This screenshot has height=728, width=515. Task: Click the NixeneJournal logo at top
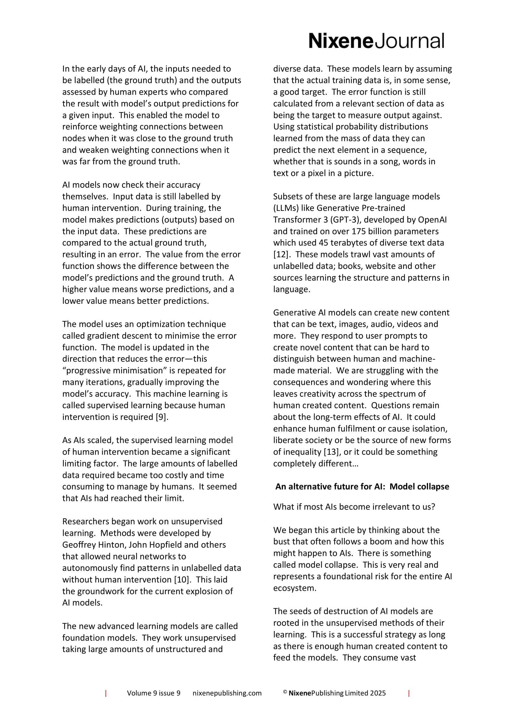(x=376, y=41)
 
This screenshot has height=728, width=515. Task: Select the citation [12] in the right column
(x=280, y=254)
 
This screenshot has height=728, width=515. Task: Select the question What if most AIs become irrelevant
(x=354, y=507)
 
